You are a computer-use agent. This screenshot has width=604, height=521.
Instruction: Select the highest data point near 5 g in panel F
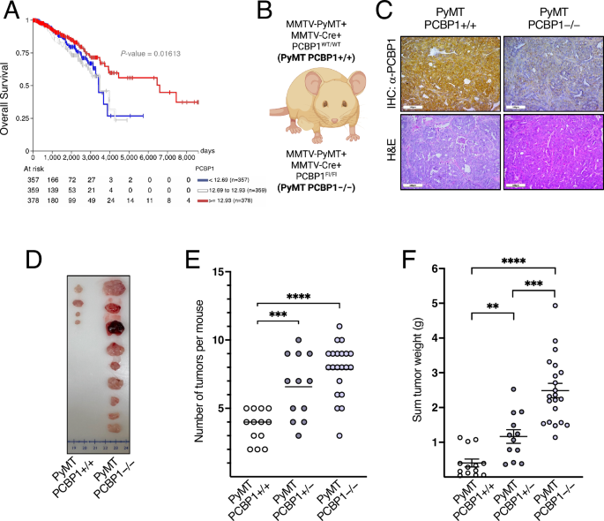[x=556, y=306]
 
